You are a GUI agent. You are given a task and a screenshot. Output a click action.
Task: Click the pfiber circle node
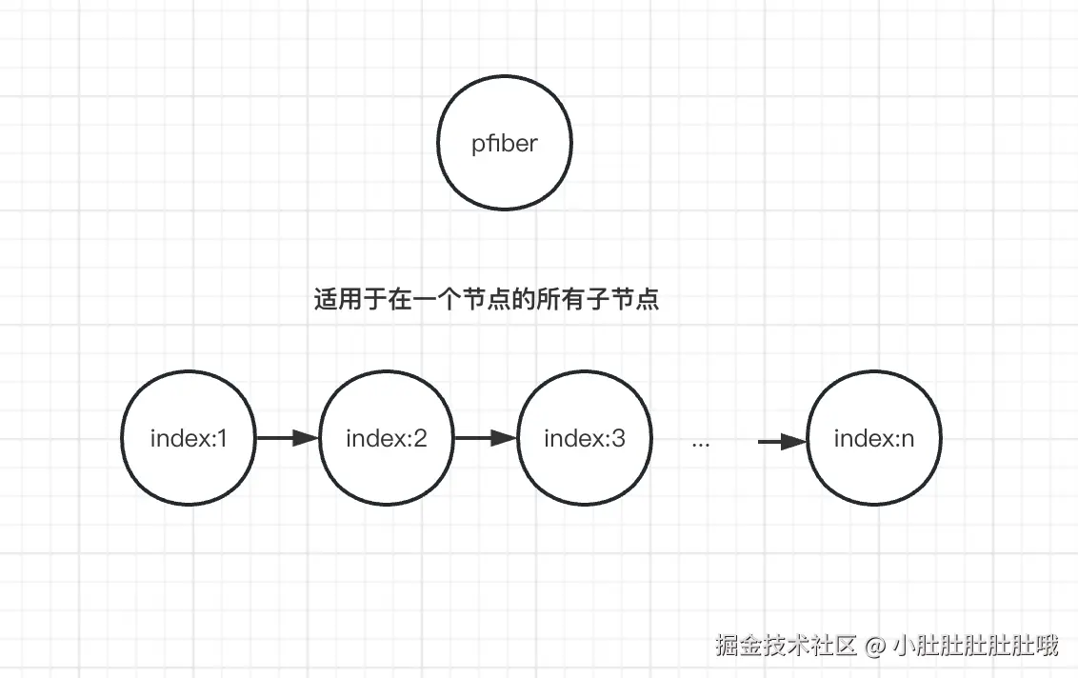pos(505,144)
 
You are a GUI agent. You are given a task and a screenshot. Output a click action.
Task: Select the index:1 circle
pos(190,439)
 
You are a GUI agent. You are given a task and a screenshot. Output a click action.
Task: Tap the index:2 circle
pos(387,439)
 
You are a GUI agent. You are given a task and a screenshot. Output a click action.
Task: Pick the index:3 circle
pos(584,439)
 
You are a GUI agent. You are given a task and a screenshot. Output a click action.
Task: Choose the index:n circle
pos(873,439)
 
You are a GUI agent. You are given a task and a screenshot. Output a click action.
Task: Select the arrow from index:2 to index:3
pos(485,439)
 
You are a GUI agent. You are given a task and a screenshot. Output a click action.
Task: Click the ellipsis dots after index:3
pos(701,444)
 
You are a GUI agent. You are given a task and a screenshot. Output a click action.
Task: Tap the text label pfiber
pos(505,145)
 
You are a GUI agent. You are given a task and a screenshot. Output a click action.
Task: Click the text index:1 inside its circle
pos(190,439)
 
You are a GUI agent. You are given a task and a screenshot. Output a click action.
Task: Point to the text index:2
pos(387,439)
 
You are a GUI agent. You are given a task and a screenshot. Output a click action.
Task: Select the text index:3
pos(584,439)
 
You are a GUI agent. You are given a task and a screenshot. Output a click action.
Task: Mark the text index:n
pos(873,439)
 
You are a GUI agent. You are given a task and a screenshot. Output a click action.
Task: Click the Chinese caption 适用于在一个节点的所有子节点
pos(486,301)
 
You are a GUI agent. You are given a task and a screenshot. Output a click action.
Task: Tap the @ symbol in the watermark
pos(875,648)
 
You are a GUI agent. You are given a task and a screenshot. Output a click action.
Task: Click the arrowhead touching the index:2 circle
pos(306,439)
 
